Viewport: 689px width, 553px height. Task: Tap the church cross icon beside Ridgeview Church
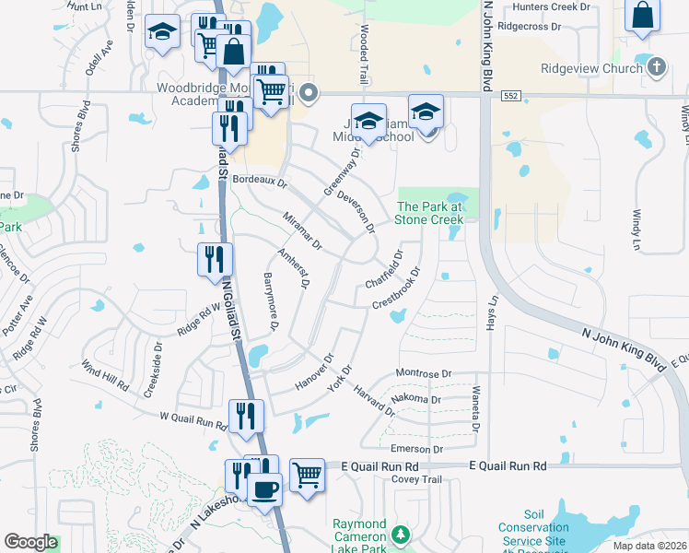click(655, 67)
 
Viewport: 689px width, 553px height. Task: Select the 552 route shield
click(511, 95)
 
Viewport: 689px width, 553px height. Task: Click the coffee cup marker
click(265, 488)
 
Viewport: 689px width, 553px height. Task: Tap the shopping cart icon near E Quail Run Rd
click(308, 476)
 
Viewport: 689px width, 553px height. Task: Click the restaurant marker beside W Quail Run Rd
click(246, 416)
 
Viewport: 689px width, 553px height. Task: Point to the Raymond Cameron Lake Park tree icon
click(401, 535)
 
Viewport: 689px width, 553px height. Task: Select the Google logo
click(30, 542)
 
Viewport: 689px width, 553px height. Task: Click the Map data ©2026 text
click(650, 546)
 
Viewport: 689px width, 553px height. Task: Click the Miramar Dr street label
click(302, 230)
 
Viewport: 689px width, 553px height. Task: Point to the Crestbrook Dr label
click(396, 289)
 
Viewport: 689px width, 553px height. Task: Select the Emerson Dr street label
click(417, 449)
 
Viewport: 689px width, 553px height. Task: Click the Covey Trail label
click(417, 479)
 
